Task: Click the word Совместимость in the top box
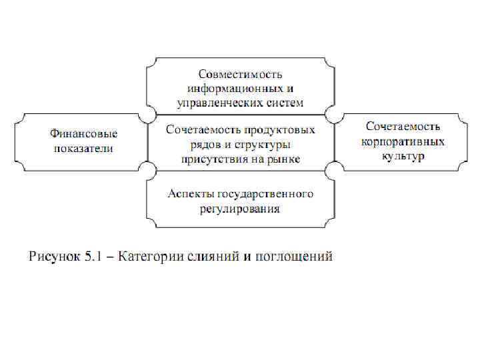pos(240,73)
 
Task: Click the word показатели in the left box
pos(81,148)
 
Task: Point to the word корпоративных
pos(403,141)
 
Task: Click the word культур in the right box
pos(403,156)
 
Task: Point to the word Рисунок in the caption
pos(52,257)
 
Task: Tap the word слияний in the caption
pos(210,257)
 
